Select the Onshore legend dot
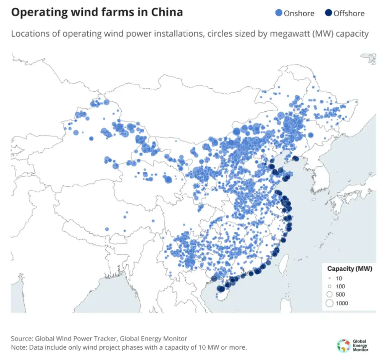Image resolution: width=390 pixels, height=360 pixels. tap(279, 13)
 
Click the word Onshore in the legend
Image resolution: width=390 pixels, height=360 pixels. tap(299, 13)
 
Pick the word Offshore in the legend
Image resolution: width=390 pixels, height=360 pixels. tap(349, 13)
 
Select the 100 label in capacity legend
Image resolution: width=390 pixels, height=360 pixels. tap(340, 286)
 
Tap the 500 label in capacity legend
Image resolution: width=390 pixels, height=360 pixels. tap(341, 295)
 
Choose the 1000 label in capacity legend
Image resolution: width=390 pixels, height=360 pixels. tap(342, 303)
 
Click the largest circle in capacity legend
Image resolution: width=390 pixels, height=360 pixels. tap(329, 303)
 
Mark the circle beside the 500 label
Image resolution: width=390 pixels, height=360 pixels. tap(329, 295)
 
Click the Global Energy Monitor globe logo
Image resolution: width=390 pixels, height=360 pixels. tap(344, 345)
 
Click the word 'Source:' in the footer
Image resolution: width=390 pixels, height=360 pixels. tap(22, 339)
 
